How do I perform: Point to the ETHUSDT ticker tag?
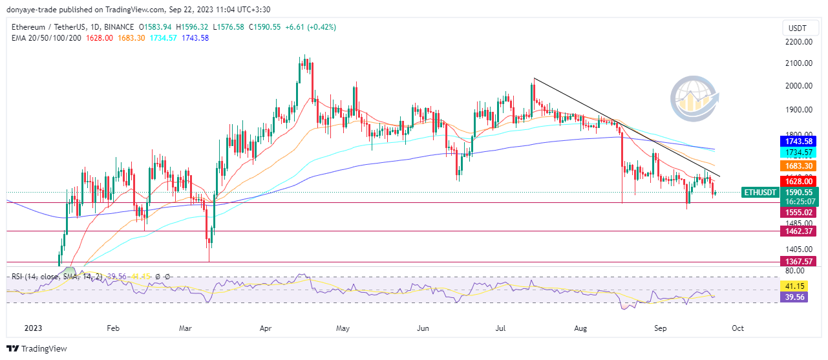point(760,193)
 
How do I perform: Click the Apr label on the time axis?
point(266,328)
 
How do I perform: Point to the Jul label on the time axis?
point(500,328)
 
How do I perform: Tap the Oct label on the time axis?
point(738,328)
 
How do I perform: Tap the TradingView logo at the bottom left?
point(37,349)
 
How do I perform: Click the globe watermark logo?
point(694,99)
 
